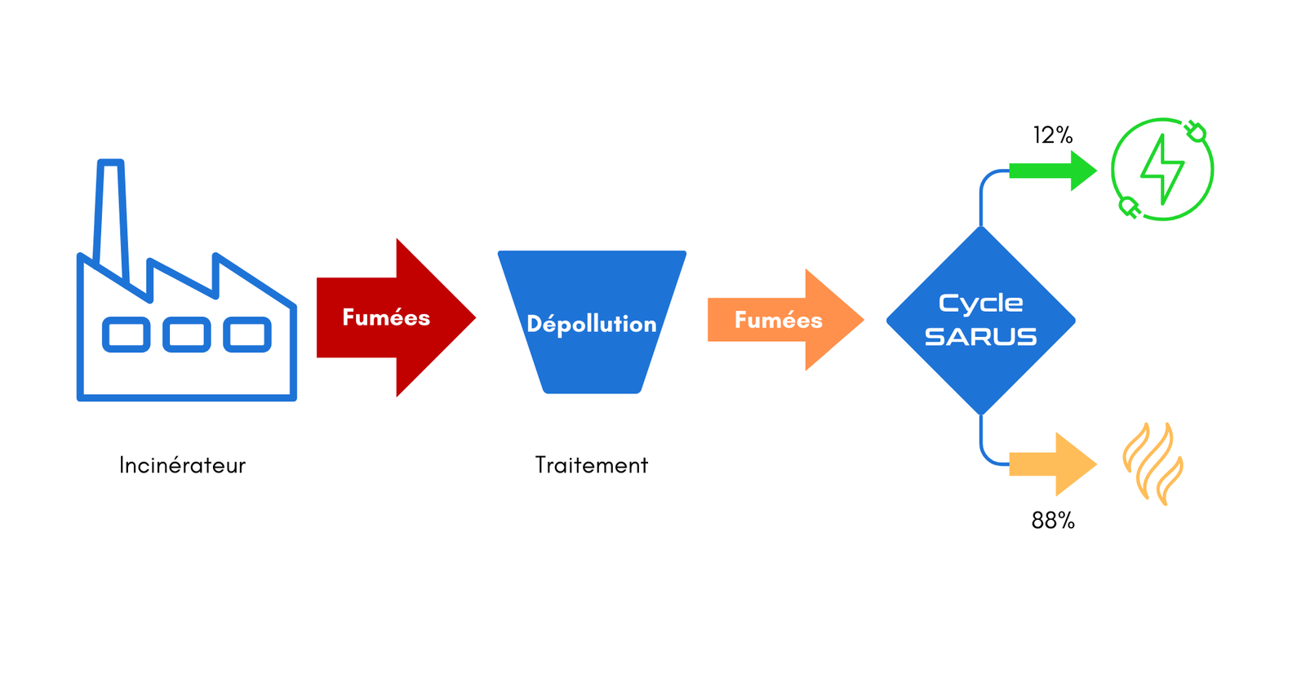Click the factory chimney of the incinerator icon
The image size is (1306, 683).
tap(111, 212)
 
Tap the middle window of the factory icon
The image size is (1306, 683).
tap(187, 335)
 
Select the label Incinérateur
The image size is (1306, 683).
tap(182, 465)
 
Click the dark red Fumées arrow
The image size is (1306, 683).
tap(392, 317)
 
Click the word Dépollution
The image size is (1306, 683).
tap(592, 324)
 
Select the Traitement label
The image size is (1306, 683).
tap(592, 465)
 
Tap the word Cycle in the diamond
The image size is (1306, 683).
tap(980, 304)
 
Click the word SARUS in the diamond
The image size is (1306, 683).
tap(980, 336)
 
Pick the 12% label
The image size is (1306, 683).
tap(1052, 135)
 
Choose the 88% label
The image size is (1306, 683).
tap(1053, 521)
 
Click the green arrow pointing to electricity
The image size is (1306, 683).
tap(1053, 171)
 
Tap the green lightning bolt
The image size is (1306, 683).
tap(1162, 169)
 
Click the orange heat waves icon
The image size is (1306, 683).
tap(1153, 463)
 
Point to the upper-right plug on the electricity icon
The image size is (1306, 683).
tap(1196, 131)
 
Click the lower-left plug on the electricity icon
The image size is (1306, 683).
tap(1129, 207)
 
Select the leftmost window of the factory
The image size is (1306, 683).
tap(127, 335)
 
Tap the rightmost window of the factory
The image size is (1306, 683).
tap(247, 335)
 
